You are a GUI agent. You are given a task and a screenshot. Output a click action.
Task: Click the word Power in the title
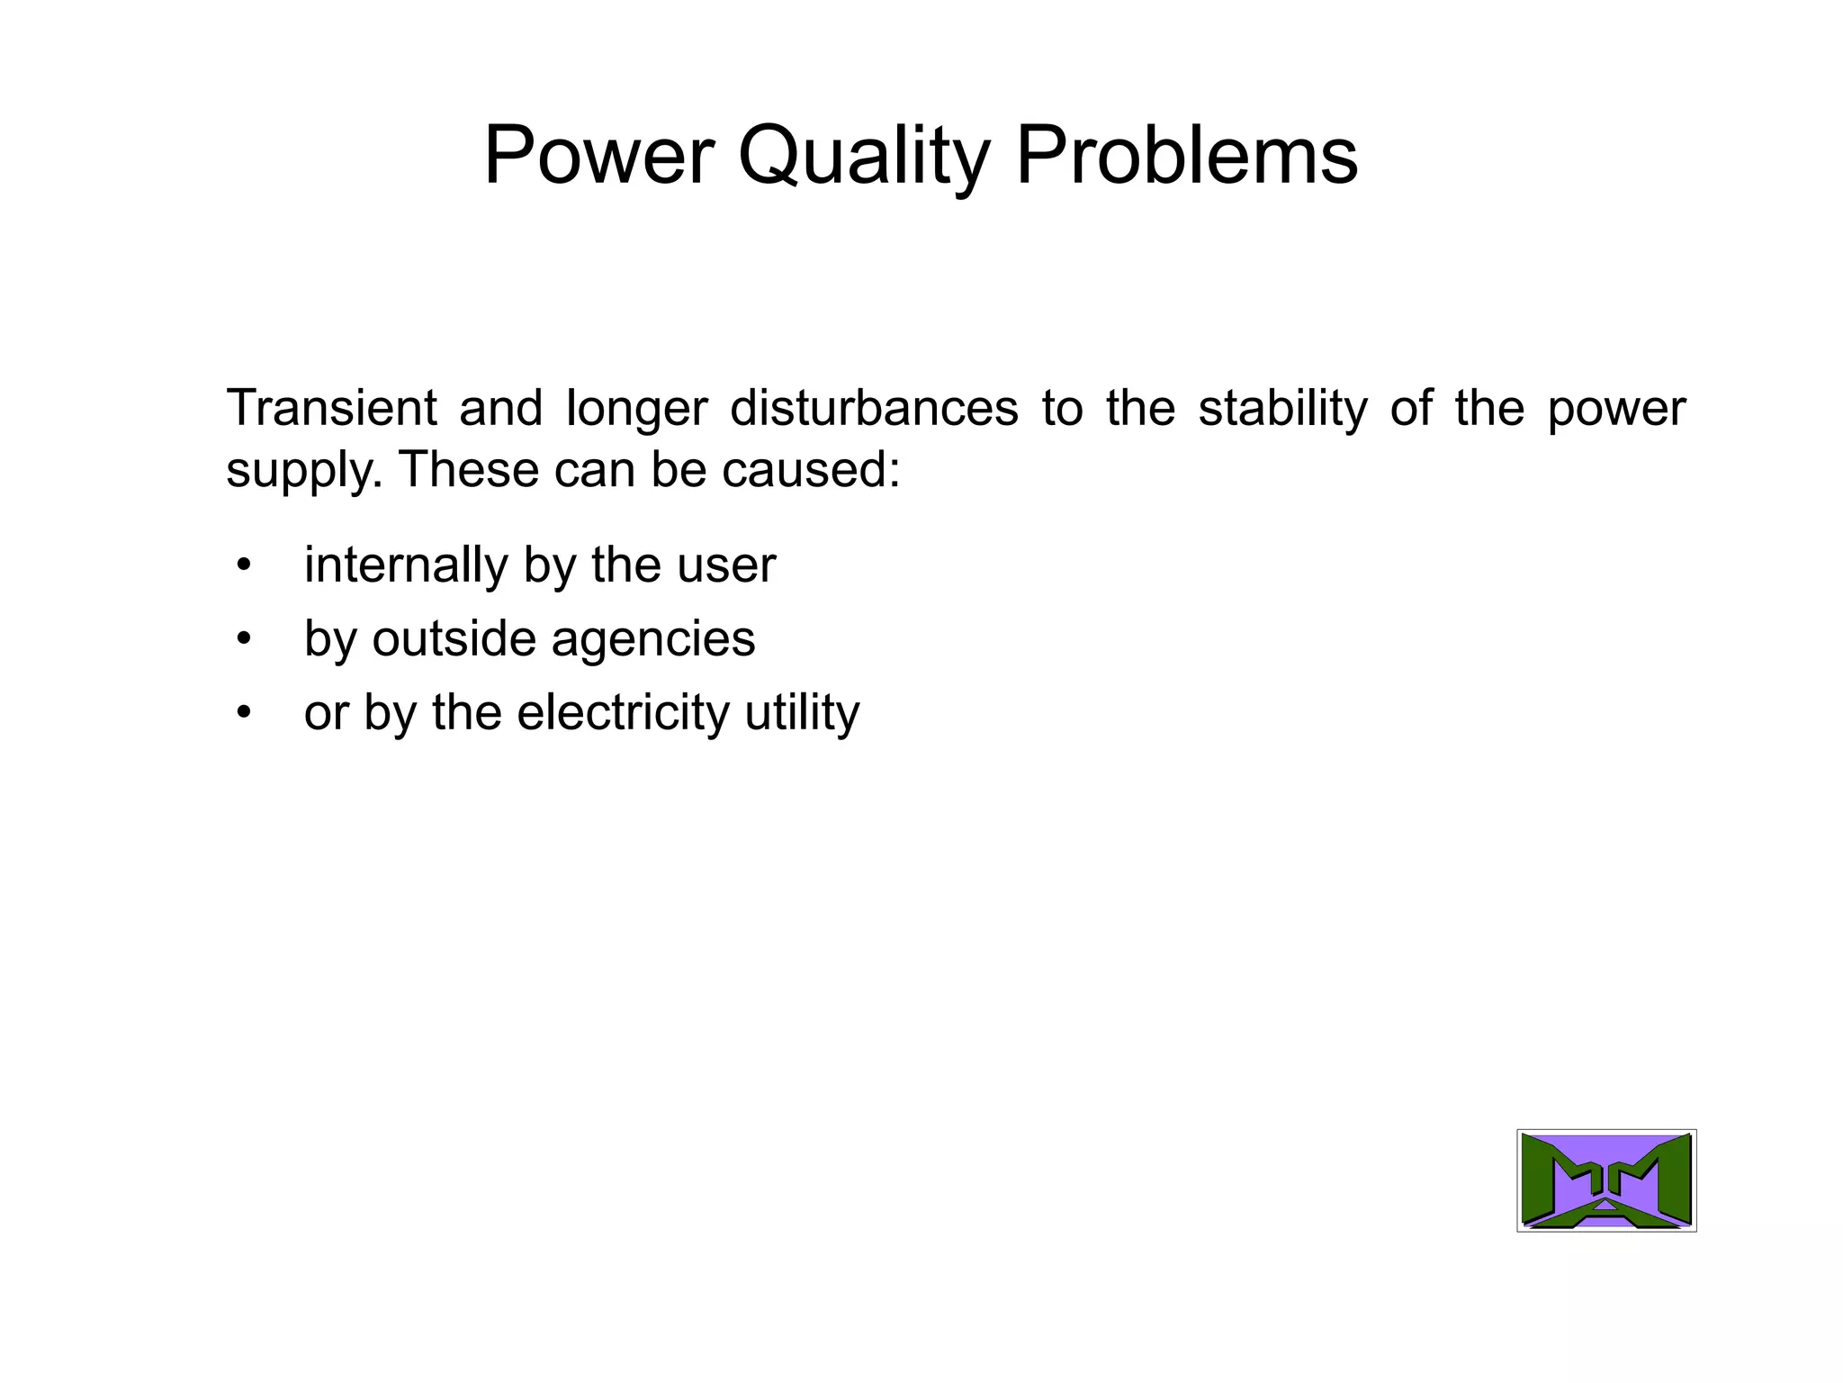(598, 156)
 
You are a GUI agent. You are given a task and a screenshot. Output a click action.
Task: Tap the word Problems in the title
(1187, 156)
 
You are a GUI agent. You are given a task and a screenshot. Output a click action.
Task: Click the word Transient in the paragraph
(331, 407)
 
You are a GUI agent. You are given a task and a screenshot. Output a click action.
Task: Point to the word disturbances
(874, 407)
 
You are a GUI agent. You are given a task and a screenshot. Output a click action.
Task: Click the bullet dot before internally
(243, 566)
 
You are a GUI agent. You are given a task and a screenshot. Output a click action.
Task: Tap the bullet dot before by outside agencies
(243, 639)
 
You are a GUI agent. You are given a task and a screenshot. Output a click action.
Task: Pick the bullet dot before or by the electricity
(243, 713)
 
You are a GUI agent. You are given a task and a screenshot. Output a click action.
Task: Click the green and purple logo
(1606, 1180)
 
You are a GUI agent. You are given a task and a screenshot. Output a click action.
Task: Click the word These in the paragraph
(466, 469)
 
